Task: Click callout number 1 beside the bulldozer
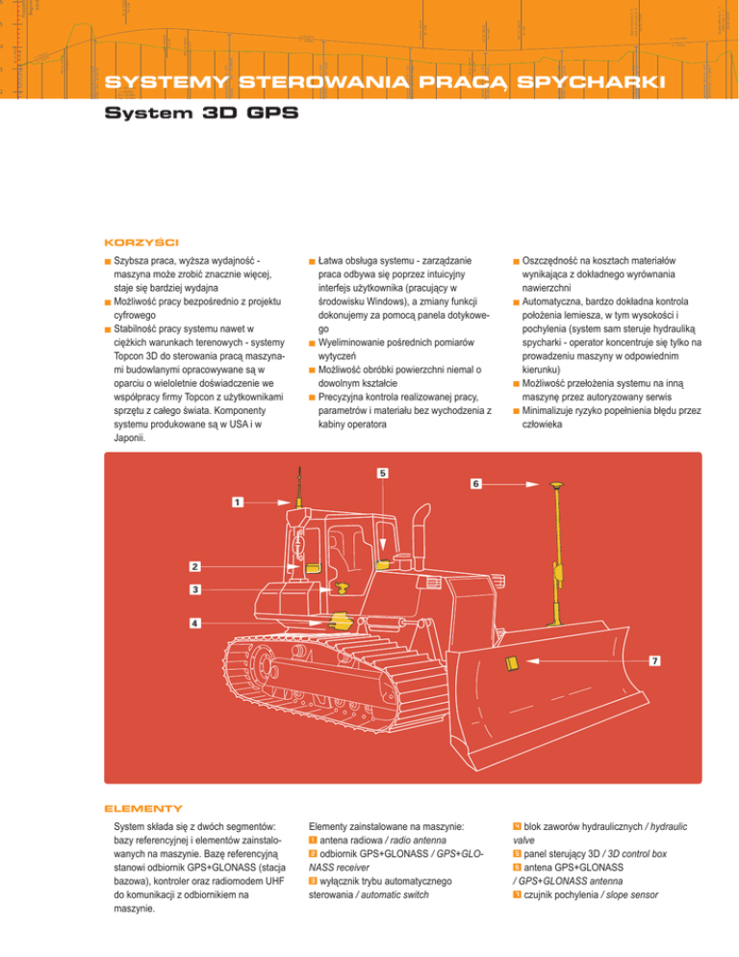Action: tap(237, 502)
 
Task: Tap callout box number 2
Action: tap(194, 565)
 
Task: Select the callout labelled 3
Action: tap(194, 588)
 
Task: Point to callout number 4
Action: tap(194, 623)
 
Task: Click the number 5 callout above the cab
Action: tap(383, 473)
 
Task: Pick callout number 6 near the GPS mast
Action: tap(474, 482)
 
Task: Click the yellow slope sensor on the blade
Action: tap(511, 661)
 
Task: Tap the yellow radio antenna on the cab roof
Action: tap(301, 501)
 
